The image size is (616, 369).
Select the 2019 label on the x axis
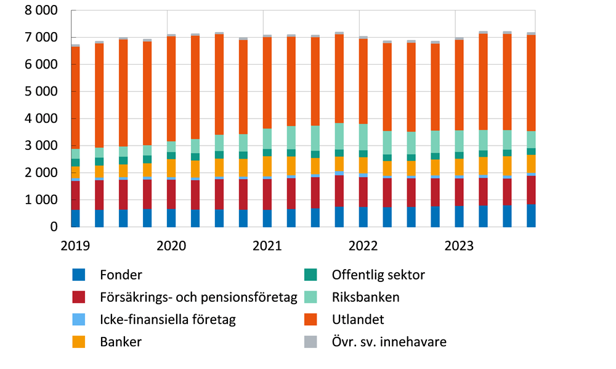tap(75, 246)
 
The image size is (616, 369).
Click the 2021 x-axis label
tap(267, 246)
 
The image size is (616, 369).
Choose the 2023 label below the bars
tap(459, 246)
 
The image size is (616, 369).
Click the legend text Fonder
tap(121, 275)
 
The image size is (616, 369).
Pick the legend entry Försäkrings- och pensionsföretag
tap(198, 297)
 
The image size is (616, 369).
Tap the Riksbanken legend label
tap(365, 297)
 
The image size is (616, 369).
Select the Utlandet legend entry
tap(358, 319)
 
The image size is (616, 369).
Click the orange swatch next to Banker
tap(78, 342)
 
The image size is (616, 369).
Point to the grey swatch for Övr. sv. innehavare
tap(310, 342)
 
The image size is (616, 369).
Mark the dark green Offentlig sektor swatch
tap(310, 275)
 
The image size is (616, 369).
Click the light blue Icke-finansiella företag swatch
tap(78, 319)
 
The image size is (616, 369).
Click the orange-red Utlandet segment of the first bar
tap(75, 99)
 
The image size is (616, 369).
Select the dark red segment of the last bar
tap(531, 190)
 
